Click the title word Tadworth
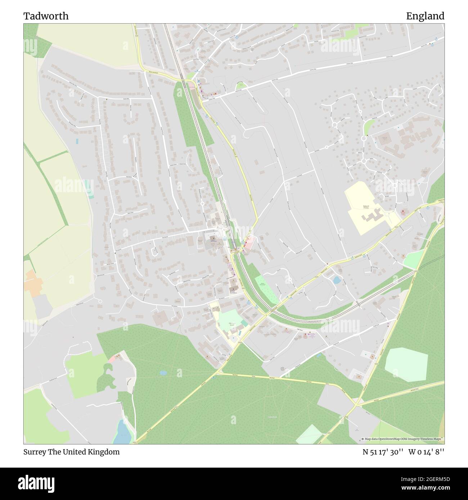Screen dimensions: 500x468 point(46,16)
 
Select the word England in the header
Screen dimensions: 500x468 point(425,16)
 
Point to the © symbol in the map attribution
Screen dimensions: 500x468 point(363,439)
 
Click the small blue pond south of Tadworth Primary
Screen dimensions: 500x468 point(337,280)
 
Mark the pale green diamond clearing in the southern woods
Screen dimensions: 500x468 point(309,435)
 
